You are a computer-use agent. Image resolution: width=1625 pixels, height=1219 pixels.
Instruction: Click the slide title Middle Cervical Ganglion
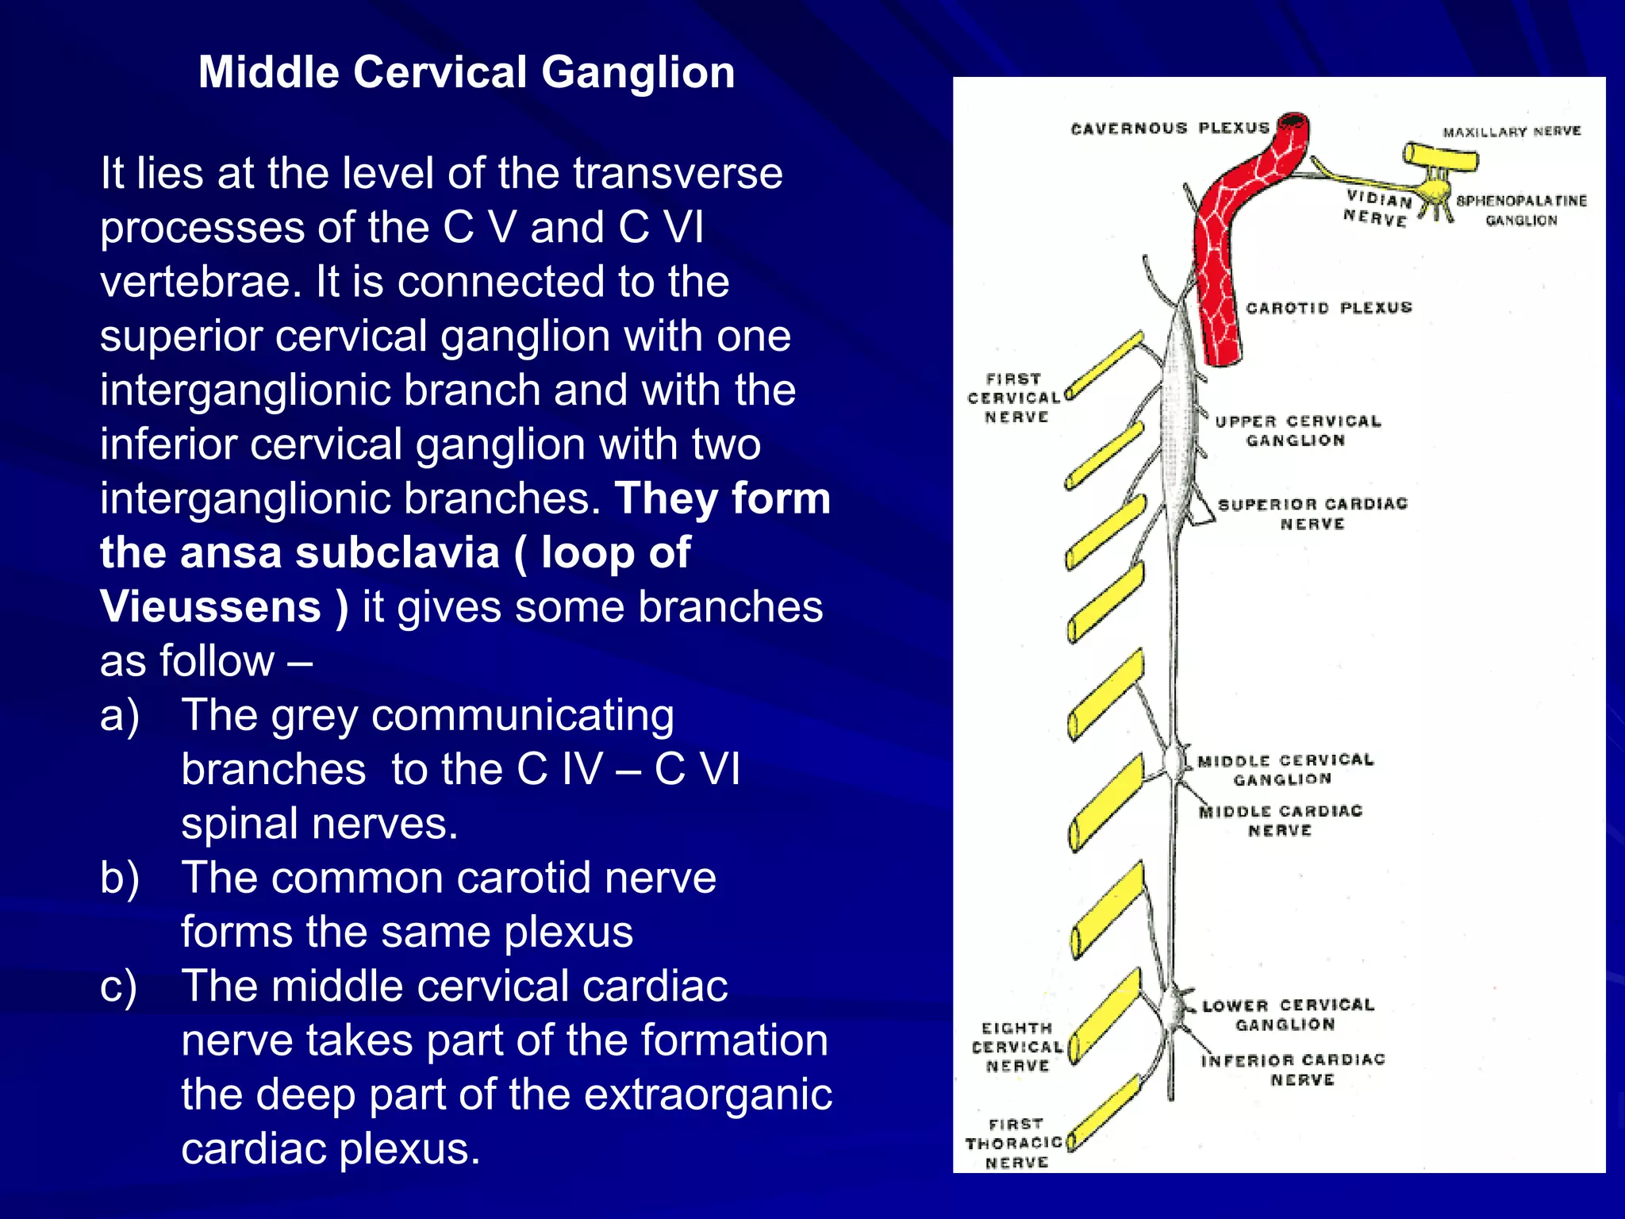[x=467, y=72]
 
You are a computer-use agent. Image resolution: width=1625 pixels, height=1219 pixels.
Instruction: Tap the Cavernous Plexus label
[x=1169, y=129]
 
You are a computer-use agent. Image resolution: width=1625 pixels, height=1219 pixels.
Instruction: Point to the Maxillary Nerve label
[x=1512, y=132]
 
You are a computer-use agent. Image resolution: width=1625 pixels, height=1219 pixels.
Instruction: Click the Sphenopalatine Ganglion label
[x=1521, y=210]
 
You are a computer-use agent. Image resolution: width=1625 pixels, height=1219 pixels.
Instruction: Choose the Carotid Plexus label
[x=1329, y=308]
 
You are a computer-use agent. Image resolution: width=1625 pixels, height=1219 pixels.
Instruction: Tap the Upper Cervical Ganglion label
[x=1297, y=431]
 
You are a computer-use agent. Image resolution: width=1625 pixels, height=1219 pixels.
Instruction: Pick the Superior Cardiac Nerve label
[x=1312, y=513]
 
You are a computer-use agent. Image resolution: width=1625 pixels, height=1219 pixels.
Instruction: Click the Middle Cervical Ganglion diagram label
[x=1285, y=770]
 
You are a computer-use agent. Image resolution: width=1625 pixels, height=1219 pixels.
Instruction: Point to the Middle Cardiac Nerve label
[x=1280, y=821]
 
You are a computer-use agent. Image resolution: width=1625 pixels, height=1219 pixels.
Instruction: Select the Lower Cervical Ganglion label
[x=1287, y=1015]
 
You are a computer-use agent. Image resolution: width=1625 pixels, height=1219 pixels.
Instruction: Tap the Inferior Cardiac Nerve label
[x=1293, y=1070]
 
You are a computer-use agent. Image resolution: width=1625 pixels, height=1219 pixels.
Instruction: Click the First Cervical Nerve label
[x=1015, y=398]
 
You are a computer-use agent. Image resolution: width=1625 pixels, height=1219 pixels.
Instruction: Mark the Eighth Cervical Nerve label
[x=1017, y=1047]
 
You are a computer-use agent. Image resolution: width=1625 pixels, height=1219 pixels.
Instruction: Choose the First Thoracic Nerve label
[x=1015, y=1143]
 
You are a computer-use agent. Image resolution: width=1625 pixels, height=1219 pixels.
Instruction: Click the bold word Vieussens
[x=210, y=607]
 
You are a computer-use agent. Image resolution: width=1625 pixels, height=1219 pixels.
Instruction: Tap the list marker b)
[x=120, y=878]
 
